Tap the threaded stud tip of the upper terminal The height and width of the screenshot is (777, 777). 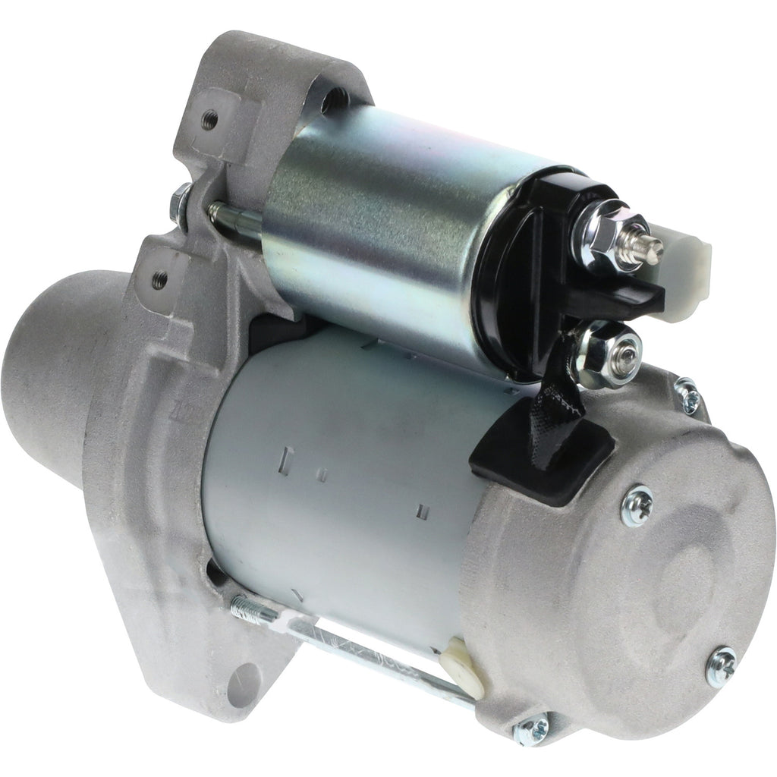(x=651, y=246)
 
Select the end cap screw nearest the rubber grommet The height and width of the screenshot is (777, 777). (x=637, y=505)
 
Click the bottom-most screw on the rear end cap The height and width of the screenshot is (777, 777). (x=530, y=730)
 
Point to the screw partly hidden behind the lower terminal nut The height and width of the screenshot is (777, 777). (x=687, y=395)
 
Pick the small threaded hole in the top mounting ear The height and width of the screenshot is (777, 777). (x=209, y=119)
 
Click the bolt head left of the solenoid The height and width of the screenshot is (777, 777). (x=181, y=206)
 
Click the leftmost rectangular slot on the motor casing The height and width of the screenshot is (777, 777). (x=288, y=458)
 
